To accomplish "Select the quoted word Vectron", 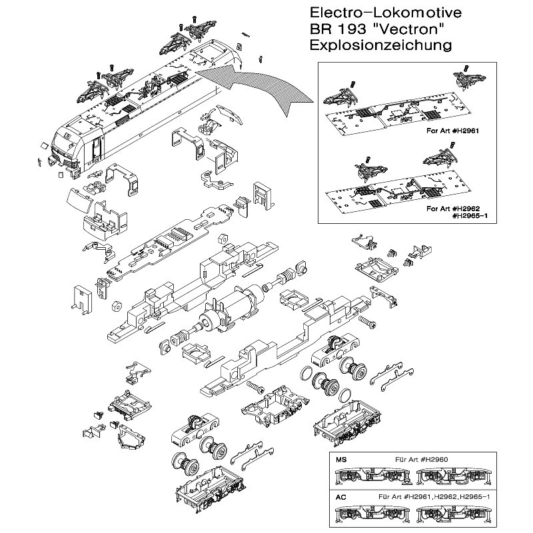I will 407,30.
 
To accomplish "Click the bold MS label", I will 341,460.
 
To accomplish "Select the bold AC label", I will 341,496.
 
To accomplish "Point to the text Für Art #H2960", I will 421,460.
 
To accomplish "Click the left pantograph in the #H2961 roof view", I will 340,97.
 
